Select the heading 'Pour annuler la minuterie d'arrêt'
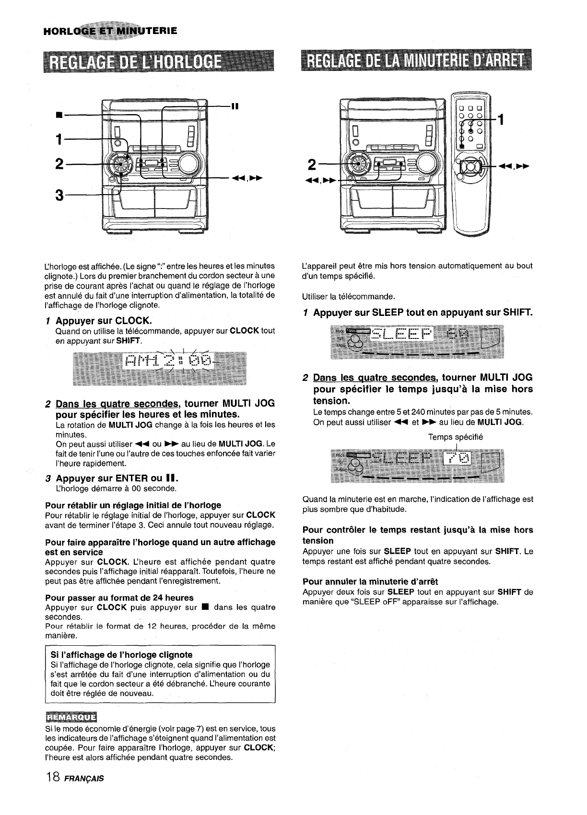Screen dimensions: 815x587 point(370,582)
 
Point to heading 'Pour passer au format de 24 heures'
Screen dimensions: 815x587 point(119,597)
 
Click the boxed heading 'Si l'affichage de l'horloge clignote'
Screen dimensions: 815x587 point(121,654)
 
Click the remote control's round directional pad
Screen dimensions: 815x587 point(470,167)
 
